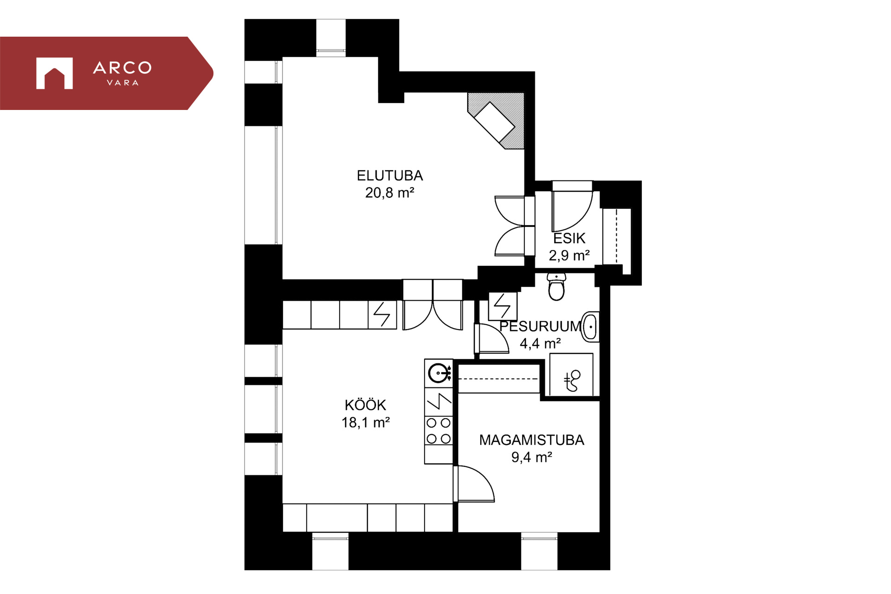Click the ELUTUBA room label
pyautogui.click(x=390, y=175)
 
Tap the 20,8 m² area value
pyautogui.click(x=389, y=193)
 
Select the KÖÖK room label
pyautogui.click(x=365, y=405)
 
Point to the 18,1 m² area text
pyautogui.click(x=366, y=422)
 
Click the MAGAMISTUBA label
pyautogui.click(x=531, y=440)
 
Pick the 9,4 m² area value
pyautogui.click(x=531, y=457)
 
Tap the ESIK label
pyautogui.click(x=569, y=239)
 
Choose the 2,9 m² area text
pyautogui.click(x=569, y=255)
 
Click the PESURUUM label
pyautogui.click(x=540, y=326)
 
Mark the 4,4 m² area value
pyautogui.click(x=540, y=343)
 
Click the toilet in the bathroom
pyautogui.click(x=556, y=287)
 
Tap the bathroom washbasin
pyautogui.click(x=590, y=327)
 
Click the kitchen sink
pyautogui.click(x=439, y=373)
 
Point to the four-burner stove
pyautogui.click(x=439, y=431)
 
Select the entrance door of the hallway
pyautogui.click(x=572, y=207)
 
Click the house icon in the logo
pyautogui.click(x=54, y=73)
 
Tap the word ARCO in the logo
pyautogui.click(x=123, y=68)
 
